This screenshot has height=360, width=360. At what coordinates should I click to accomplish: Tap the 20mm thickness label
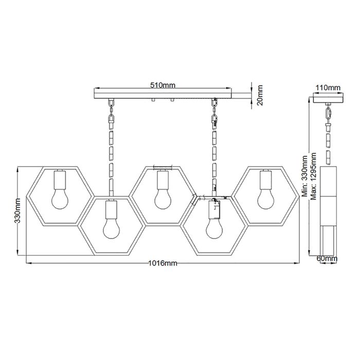pos(260,94)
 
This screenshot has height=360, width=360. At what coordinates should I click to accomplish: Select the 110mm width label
pos(327,87)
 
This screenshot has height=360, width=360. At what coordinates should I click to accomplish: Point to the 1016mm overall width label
pos(163,263)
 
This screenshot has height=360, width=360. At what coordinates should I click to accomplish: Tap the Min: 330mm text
pos(304,177)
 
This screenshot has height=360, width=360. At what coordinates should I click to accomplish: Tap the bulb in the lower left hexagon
pos(111,228)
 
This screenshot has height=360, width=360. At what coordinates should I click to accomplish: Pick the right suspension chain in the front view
pos(213,144)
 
